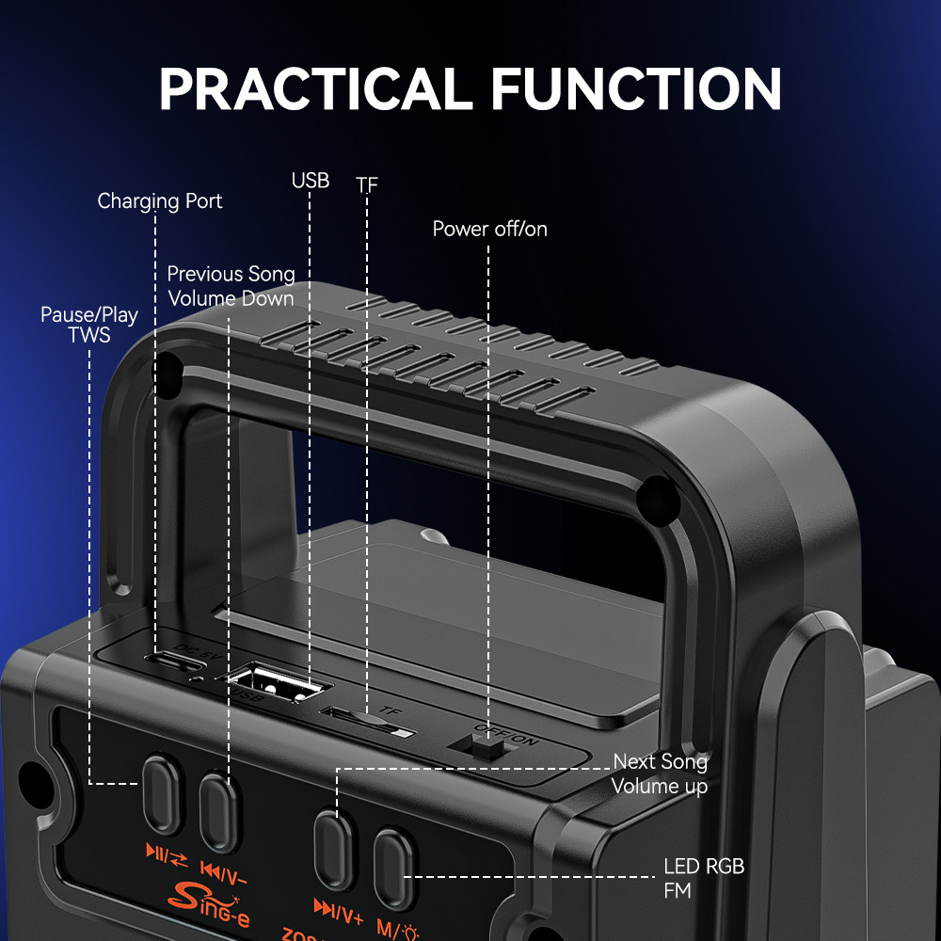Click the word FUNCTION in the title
pos(636,88)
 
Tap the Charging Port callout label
pos(160,200)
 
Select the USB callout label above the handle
pos(311,180)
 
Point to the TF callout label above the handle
pos(367,185)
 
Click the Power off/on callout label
pos(489,229)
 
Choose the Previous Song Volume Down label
pos(231,286)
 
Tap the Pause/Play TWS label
pos(88,325)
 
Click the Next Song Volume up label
pos(660,774)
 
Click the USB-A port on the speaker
pos(276,683)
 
